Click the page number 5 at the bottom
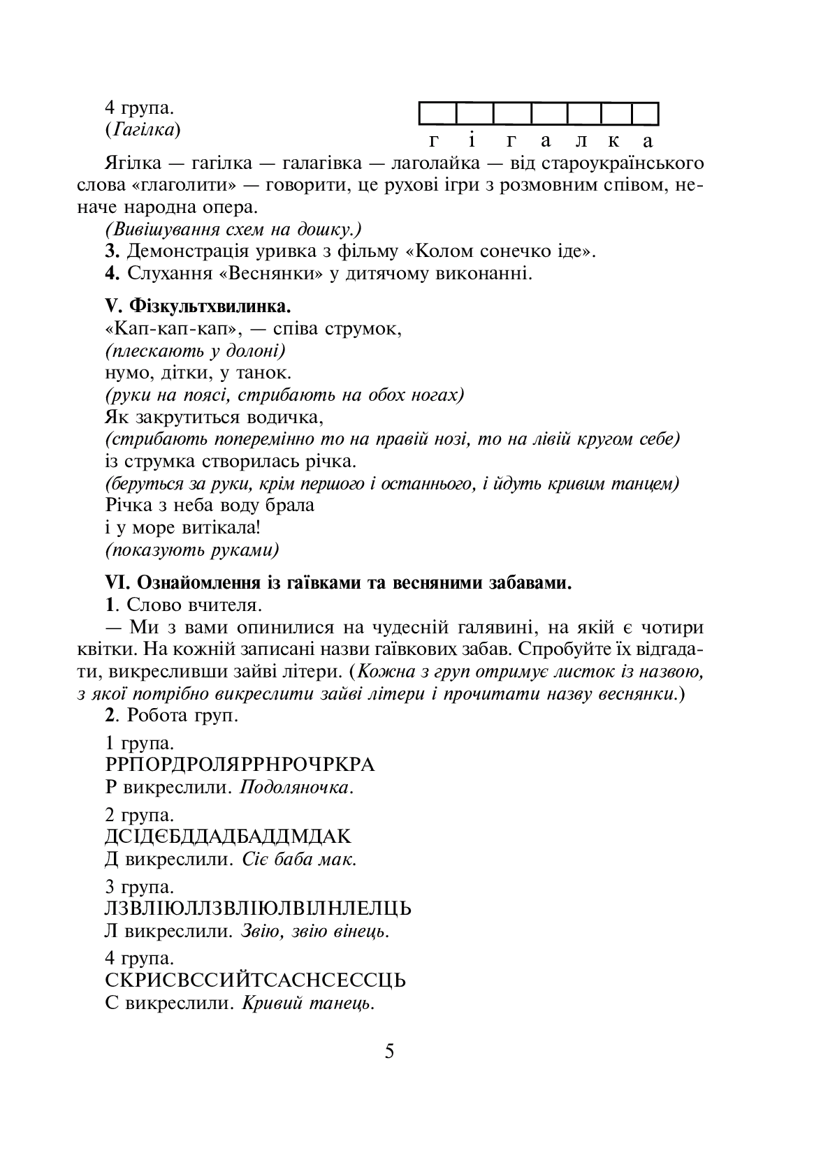[x=389, y=1051]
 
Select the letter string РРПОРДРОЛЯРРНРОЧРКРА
[x=240, y=765]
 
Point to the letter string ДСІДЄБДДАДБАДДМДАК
[x=228, y=837]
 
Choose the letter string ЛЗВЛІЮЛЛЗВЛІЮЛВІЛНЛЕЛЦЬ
[x=258, y=908]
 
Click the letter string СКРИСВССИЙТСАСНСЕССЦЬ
[x=255, y=980]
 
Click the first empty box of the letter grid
[x=438, y=113]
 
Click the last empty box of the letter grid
[x=645, y=113]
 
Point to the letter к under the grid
[x=613, y=142]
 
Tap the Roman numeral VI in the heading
[x=113, y=582]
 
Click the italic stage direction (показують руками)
[x=192, y=550]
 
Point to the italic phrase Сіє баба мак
[x=300, y=859]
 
